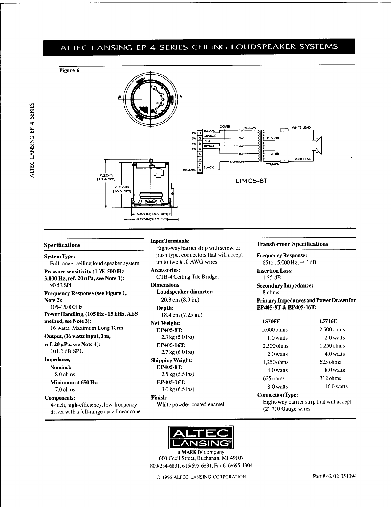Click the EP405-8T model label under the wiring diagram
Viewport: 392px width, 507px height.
click(251, 181)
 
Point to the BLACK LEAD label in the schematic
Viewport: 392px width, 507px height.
click(301, 159)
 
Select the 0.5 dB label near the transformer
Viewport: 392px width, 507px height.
click(273, 138)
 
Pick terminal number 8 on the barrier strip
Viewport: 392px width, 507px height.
click(200, 170)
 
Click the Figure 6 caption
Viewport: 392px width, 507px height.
click(69, 71)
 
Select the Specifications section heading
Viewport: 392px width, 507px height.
click(62, 245)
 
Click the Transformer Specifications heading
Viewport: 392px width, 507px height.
click(292, 244)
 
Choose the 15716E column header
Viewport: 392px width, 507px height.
click(328, 321)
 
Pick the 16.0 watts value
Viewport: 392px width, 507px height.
click(336, 386)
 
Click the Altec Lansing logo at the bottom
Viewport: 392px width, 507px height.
click(201, 438)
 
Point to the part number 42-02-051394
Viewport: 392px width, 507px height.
click(334, 476)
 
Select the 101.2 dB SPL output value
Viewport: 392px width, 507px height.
click(64, 351)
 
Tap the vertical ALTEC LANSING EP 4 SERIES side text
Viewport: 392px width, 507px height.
click(31, 139)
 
